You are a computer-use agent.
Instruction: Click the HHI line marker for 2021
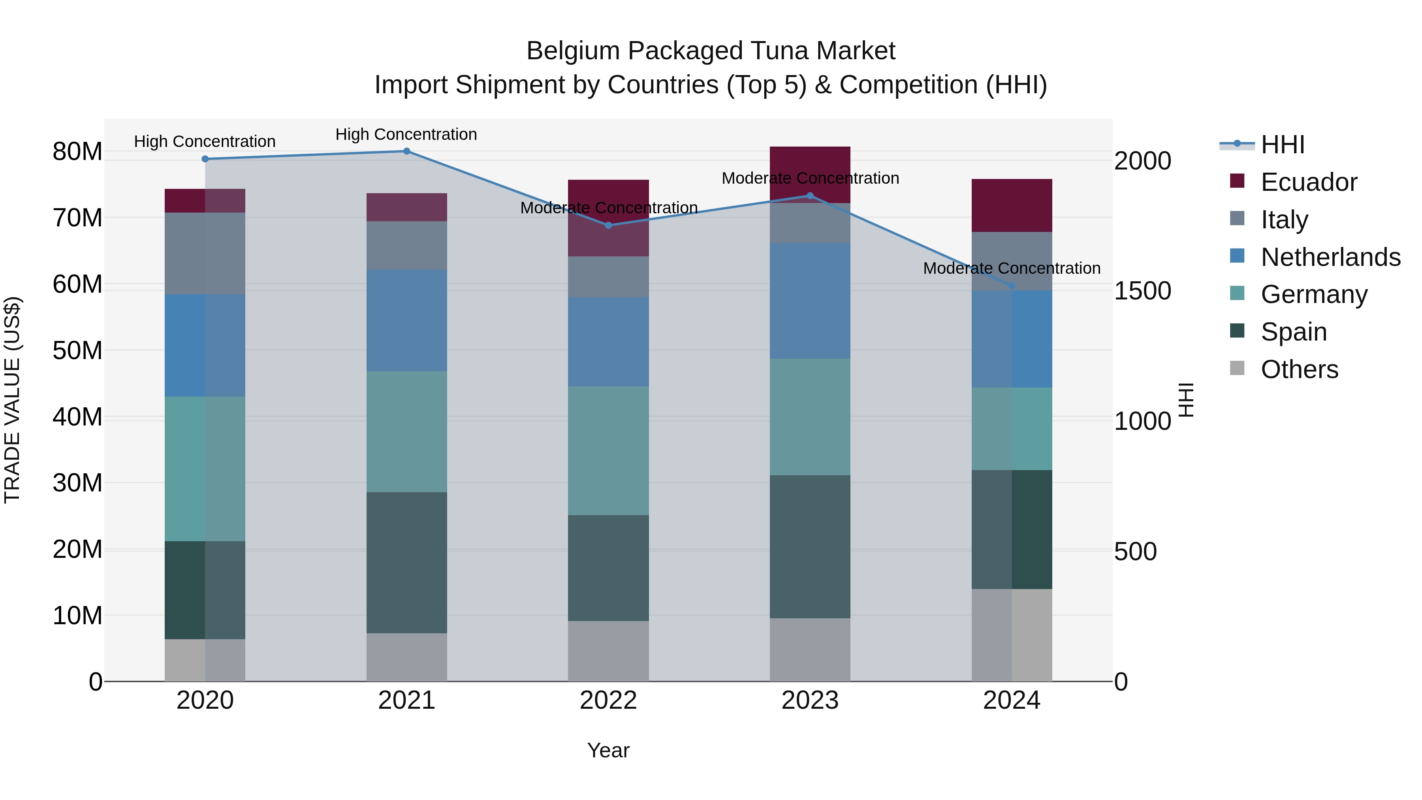406,151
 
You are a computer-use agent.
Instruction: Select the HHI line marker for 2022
608,225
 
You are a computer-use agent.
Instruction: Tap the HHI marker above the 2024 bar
1012,286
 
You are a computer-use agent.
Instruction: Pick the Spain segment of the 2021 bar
406,562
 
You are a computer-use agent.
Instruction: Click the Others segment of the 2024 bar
1012,635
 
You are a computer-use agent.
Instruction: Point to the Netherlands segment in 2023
810,301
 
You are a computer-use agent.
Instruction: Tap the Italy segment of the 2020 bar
205,253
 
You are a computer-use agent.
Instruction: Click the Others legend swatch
1238,368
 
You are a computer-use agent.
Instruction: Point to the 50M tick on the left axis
77,350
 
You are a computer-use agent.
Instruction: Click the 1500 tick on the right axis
1142,291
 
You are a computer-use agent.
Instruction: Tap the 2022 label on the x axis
608,700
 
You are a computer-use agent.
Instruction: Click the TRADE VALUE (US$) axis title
12,400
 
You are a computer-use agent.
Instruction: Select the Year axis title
608,750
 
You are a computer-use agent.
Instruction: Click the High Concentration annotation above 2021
406,134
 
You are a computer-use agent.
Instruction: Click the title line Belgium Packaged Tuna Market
711,51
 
